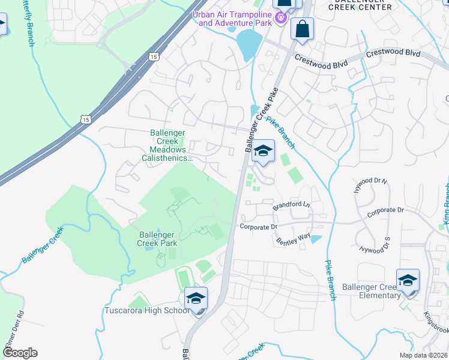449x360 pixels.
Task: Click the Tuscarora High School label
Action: pos(148,310)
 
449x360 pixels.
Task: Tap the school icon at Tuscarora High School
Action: pos(196,298)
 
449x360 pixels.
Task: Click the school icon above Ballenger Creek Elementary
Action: pos(408,280)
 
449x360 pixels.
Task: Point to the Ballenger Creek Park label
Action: pos(157,239)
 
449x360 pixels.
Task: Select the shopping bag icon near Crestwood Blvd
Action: pos(302,28)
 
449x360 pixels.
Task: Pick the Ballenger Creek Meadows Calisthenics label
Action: pos(171,146)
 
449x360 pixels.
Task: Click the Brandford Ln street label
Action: pos(291,205)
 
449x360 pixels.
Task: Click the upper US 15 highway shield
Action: pos(154,56)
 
